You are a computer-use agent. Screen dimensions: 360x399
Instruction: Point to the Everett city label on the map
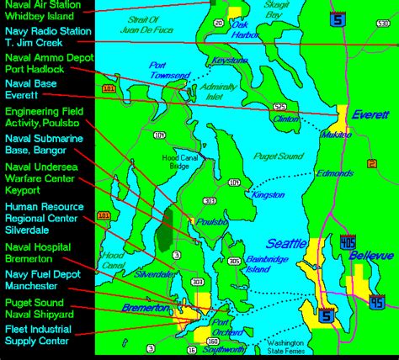370,114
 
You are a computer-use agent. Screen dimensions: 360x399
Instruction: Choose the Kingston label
268,195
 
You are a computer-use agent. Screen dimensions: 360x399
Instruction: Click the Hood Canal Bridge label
178,161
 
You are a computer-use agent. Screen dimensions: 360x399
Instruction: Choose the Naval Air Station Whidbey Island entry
44,11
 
